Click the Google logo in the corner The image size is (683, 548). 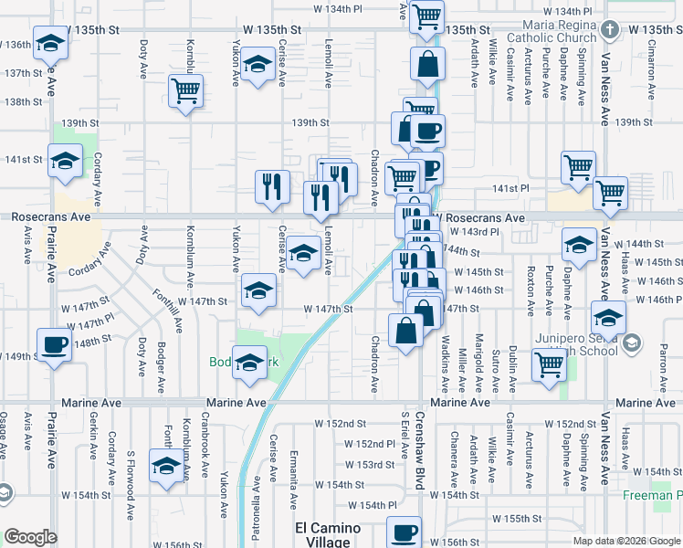pos(31,537)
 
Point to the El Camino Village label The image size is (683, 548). pos(327,534)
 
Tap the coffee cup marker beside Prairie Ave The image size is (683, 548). pos(55,345)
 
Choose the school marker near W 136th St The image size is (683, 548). pos(50,42)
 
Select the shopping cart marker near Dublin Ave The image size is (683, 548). pos(549,364)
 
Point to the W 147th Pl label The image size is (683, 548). pos(95,323)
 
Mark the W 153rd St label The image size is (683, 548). pos(374,465)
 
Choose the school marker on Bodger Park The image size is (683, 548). pos(249,363)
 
